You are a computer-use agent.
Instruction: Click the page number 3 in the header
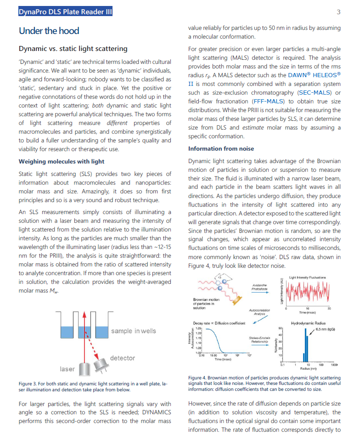338,12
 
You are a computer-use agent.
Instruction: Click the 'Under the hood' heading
49,31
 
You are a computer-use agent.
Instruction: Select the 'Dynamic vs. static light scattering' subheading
73,49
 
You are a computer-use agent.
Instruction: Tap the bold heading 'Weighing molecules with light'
62,161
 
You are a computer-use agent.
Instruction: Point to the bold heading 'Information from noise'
221,148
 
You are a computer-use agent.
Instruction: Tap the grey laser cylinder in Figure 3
84,368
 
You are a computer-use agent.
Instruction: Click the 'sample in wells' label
133,331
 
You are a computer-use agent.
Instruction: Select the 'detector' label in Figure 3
123,358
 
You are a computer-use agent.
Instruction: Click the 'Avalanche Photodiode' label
260,287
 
